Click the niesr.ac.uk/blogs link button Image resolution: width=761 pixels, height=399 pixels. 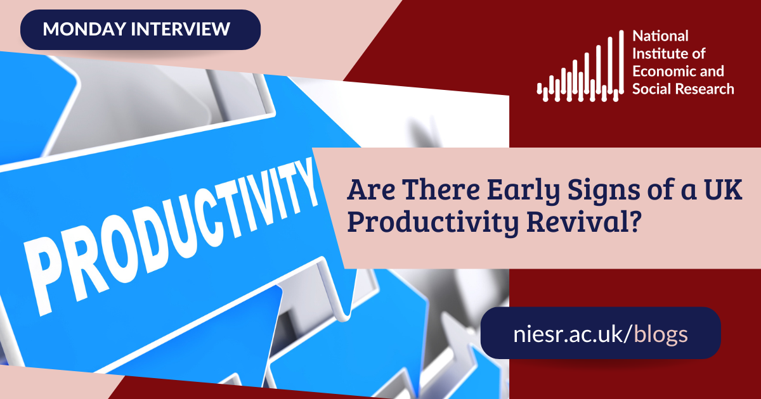click(x=600, y=333)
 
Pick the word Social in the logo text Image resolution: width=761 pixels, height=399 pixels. click(x=648, y=89)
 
